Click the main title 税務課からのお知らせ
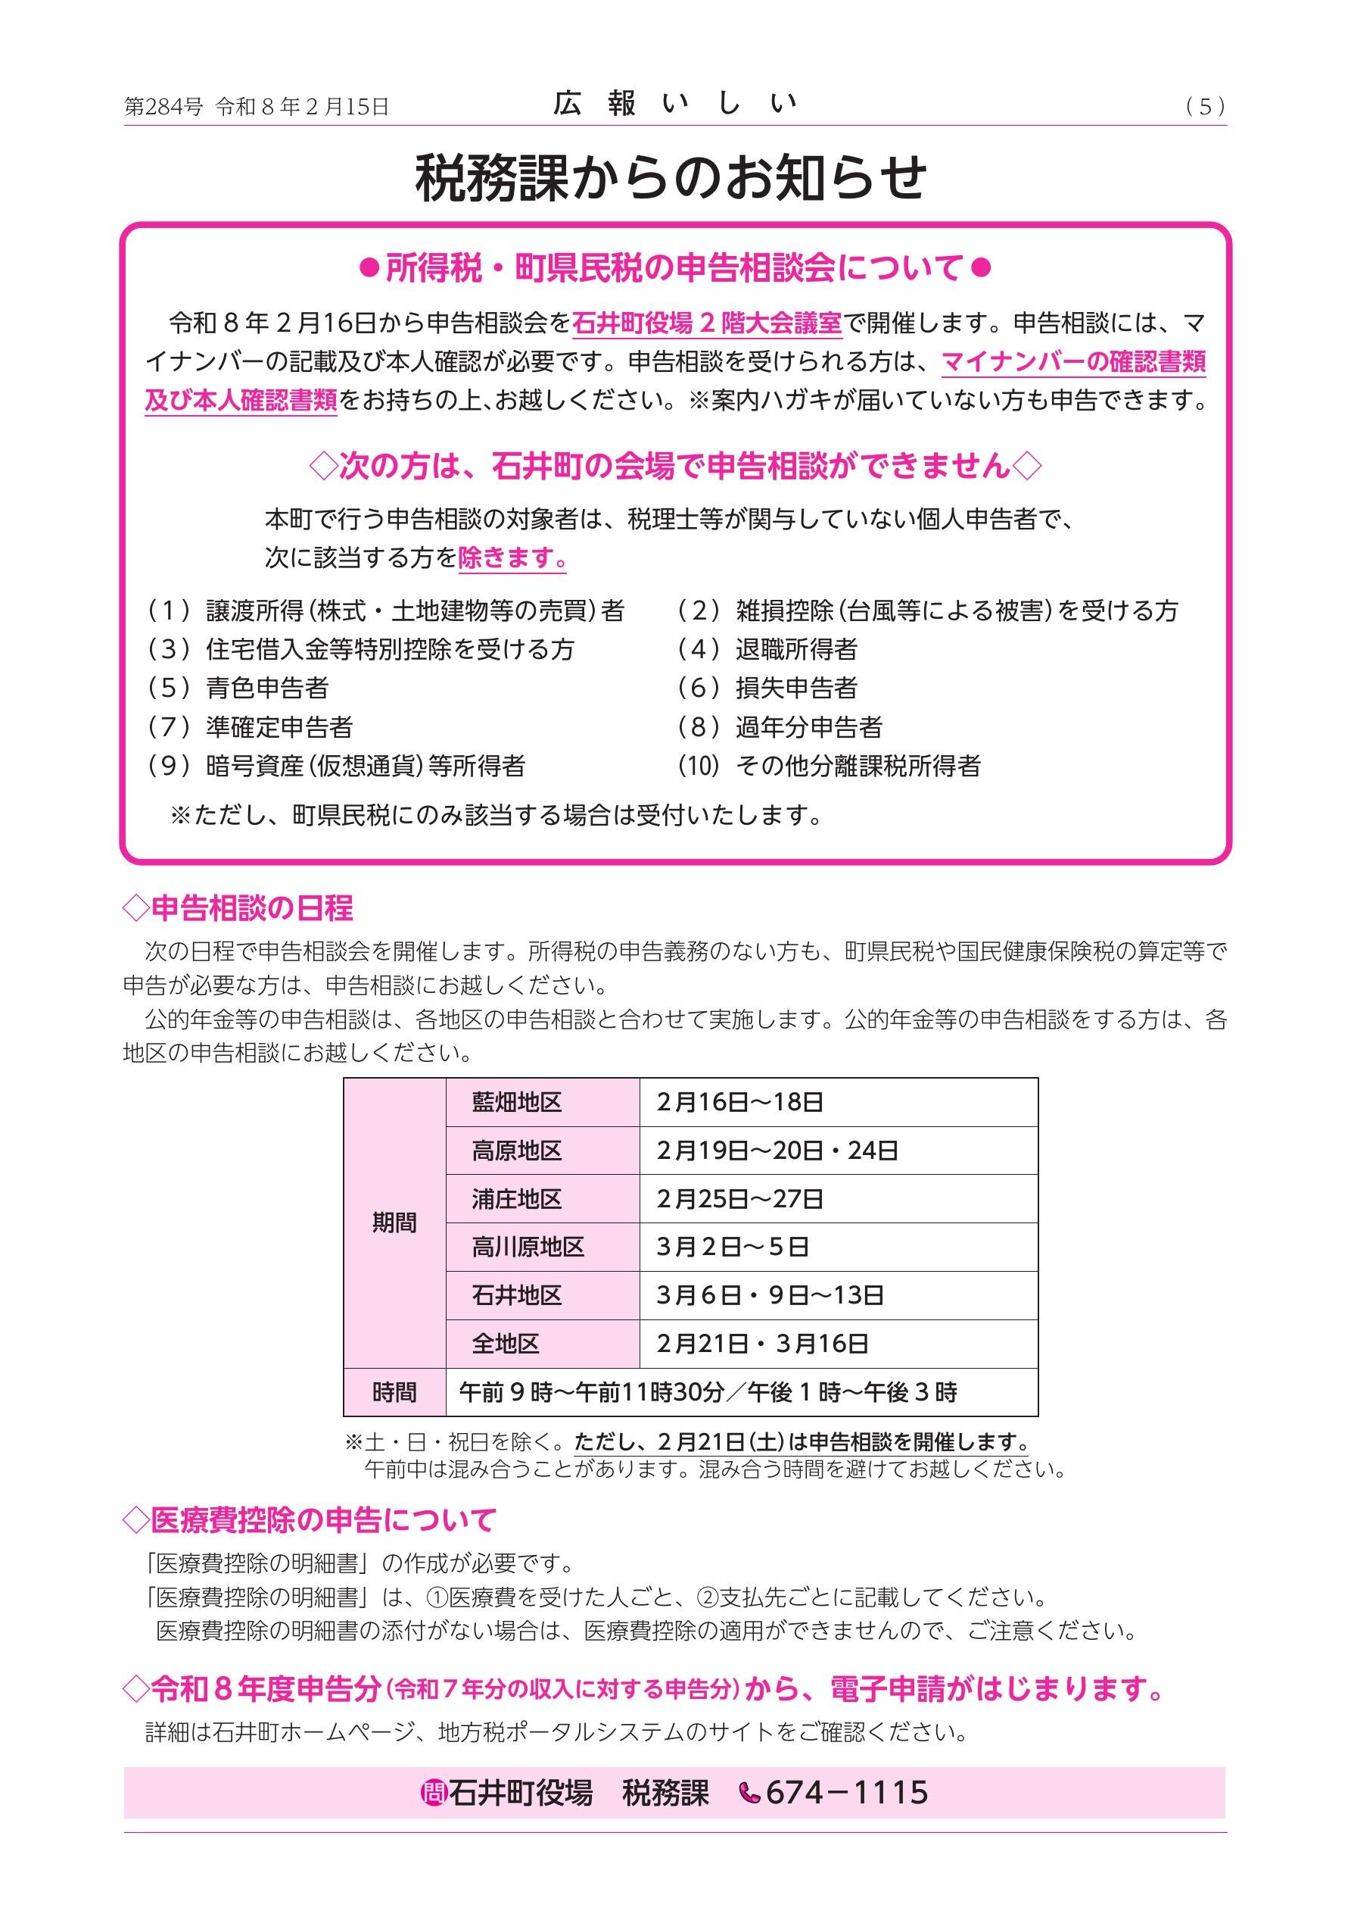671,178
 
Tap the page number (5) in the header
1206,107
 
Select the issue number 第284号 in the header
163,107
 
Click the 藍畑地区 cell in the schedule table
517,1102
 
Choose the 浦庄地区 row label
517,1198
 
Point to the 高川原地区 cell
528,1247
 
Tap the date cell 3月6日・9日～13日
770,1295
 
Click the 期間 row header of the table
394,1222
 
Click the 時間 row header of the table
394,1391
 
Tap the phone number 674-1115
846,1792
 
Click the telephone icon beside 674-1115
749,1793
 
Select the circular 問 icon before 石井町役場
434,1793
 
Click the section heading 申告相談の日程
238,908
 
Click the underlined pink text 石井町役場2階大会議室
707,323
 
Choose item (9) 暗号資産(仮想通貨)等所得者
336,766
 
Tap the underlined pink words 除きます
512,557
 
